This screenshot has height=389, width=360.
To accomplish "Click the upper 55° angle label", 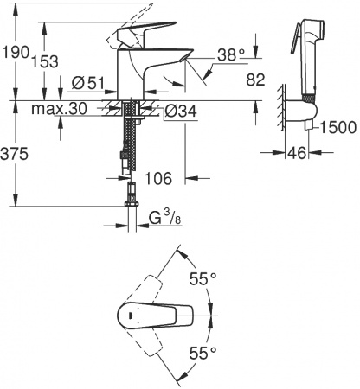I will [202, 280].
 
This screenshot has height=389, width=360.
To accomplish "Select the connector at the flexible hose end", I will [131, 194].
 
